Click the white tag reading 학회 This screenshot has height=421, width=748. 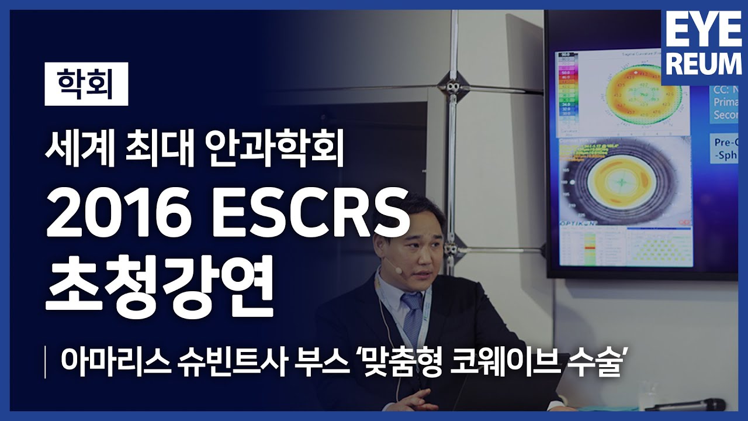point(86,87)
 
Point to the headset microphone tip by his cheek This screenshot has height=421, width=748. point(398,271)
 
